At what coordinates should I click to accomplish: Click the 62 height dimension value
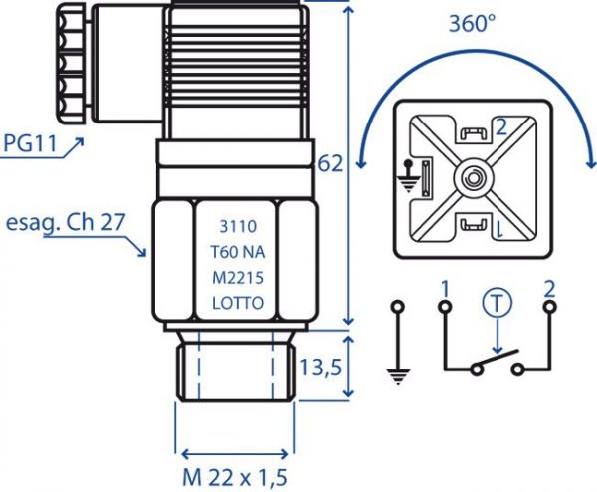point(330,164)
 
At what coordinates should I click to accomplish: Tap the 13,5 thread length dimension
point(321,368)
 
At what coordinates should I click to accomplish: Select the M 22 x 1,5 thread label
point(234,477)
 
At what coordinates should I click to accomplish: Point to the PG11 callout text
point(30,143)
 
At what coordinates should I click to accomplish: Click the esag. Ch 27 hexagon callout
point(66,222)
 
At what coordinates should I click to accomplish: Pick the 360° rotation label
point(473,24)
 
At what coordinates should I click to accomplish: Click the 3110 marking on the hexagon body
point(238,227)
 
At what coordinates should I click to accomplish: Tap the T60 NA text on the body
point(238,252)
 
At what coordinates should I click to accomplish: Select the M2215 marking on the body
point(238,278)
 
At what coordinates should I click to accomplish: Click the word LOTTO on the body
point(238,304)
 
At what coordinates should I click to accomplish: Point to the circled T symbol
point(497,302)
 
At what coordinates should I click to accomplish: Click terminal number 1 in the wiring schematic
point(445,289)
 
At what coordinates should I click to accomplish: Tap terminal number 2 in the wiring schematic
point(549,289)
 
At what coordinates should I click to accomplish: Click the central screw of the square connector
point(474,178)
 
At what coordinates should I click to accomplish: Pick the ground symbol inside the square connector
point(409,176)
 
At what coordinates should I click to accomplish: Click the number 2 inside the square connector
point(501,127)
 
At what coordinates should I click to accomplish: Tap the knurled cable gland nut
point(72,63)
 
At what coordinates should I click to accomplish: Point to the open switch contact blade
point(497,360)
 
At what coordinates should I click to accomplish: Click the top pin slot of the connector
point(474,133)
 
